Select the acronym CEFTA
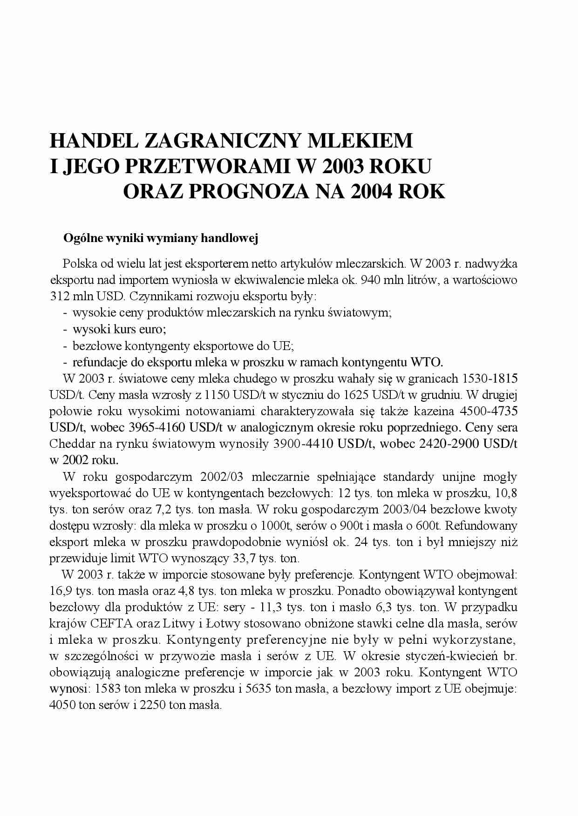tap(111, 623)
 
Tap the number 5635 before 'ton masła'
tap(258, 688)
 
